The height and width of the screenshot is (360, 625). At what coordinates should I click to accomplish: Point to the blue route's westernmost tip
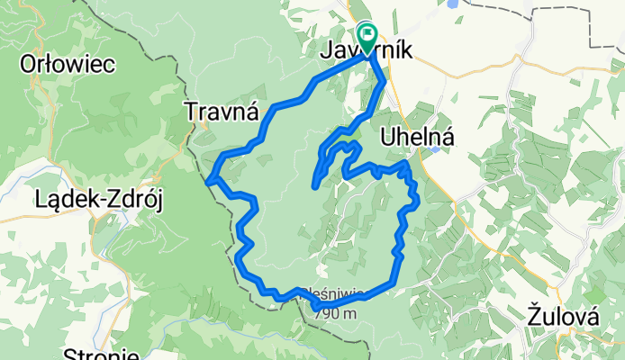pos(208,181)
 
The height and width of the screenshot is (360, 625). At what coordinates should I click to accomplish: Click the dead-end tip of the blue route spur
pos(314,185)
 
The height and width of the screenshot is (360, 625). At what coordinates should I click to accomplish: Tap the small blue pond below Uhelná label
pos(436,149)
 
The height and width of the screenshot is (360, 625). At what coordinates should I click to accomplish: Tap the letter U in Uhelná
pos(388,136)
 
